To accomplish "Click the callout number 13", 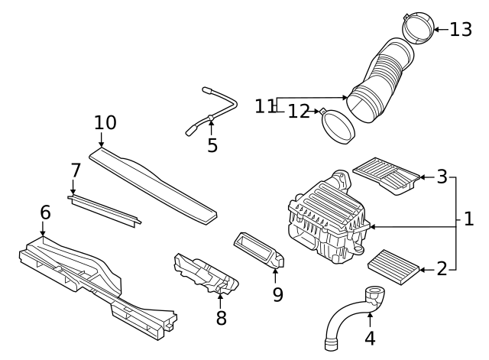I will [x=461, y=30].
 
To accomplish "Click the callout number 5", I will [x=212, y=144].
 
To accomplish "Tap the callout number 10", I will [x=105, y=122].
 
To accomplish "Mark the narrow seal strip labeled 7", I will [x=104, y=209].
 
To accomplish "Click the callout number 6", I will [x=45, y=212].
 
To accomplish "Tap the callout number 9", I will [x=277, y=294].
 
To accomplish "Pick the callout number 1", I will [x=468, y=220].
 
